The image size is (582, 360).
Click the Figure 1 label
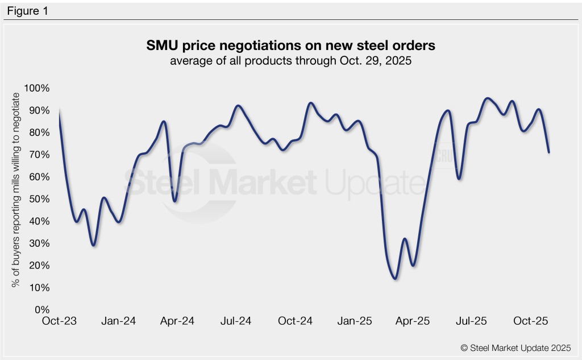(27, 11)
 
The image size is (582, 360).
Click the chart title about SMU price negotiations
(290, 45)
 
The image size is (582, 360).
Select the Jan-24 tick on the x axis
(119, 321)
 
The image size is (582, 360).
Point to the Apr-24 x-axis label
(178, 321)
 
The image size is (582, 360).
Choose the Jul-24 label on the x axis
(236, 321)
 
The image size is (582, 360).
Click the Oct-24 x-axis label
(296, 321)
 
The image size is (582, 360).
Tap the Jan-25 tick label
(355, 321)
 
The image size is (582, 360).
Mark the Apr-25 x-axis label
(413, 321)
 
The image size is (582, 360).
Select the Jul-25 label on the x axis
(472, 321)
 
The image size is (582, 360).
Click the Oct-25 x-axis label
(531, 321)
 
